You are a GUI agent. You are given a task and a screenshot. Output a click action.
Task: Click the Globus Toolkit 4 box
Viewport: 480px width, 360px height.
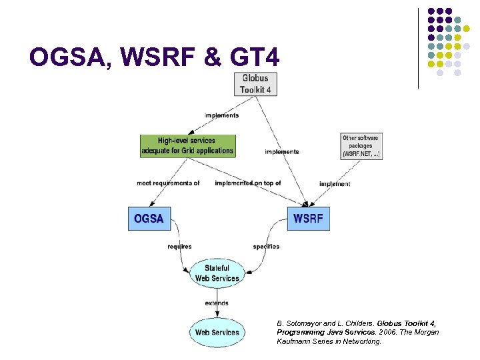pos(256,83)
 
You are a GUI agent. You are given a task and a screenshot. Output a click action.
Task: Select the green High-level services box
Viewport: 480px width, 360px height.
pos(187,146)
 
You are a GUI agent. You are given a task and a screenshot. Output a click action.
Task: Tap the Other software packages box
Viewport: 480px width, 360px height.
pos(361,146)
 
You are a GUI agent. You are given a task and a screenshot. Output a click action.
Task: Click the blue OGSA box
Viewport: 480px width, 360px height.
pos(149,219)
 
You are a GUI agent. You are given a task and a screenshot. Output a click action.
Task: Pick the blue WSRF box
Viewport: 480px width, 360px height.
pos(308,219)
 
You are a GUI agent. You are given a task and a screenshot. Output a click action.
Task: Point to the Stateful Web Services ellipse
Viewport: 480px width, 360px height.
pos(217,273)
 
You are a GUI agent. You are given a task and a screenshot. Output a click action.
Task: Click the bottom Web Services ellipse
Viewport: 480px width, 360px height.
pos(217,331)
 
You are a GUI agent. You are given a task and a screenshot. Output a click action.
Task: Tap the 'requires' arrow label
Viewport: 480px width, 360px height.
pos(179,247)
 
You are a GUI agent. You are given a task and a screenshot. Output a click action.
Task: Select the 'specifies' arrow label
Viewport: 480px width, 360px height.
pos(266,247)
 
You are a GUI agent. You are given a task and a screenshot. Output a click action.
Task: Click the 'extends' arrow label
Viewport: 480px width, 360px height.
pos(217,303)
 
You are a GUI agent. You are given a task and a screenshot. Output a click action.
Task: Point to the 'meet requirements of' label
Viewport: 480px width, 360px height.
pos(168,183)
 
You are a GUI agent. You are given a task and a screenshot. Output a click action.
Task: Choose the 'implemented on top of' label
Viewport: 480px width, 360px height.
pos(248,183)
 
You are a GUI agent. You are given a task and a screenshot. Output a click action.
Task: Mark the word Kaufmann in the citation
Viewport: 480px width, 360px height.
pos(293,341)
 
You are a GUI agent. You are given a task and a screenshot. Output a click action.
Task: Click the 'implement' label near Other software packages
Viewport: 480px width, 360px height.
pos(335,184)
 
